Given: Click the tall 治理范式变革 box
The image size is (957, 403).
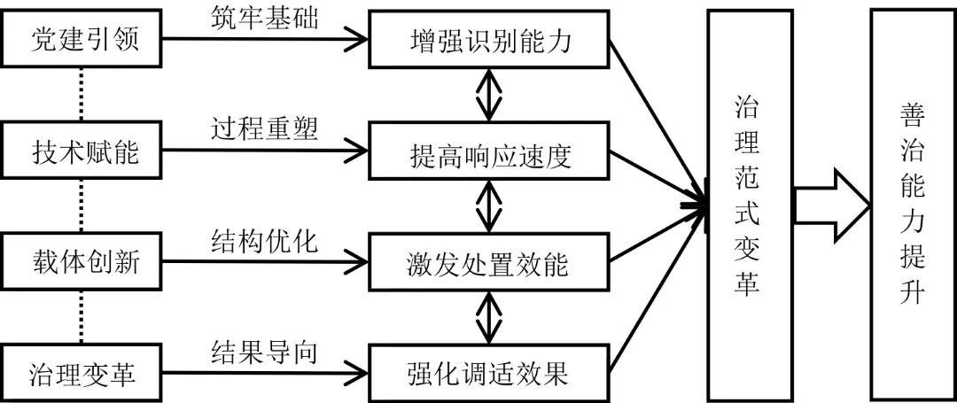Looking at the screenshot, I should coord(746,202).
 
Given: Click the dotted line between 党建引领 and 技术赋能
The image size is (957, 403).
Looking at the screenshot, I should coord(82,95).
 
